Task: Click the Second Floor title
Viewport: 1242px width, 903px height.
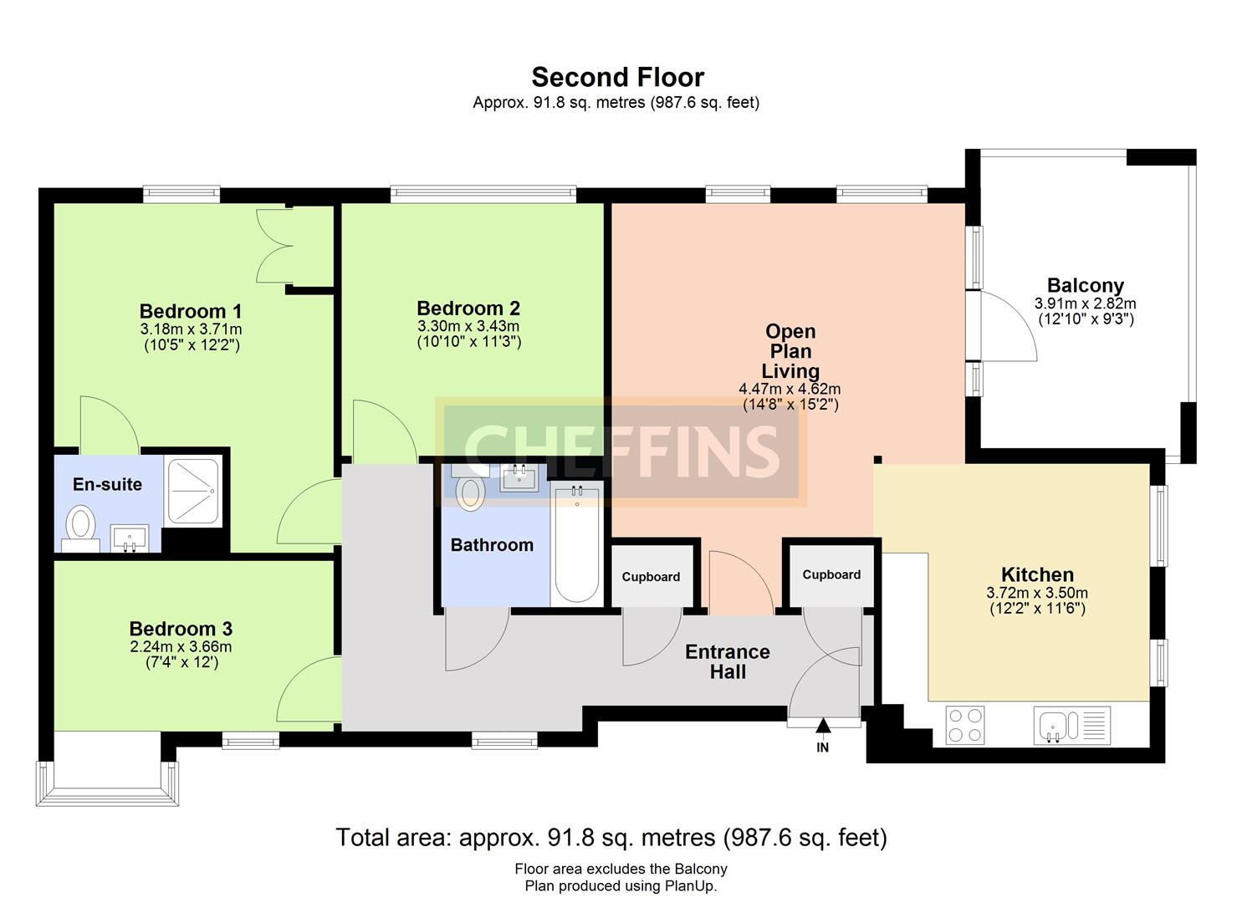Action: click(x=618, y=78)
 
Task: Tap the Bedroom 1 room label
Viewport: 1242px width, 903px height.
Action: click(x=191, y=311)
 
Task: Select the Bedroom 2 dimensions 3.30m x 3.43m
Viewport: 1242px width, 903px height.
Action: click(x=468, y=325)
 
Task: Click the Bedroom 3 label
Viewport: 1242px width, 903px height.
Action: click(x=181, y=629)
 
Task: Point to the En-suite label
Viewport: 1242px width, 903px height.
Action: click(x=108, y=484)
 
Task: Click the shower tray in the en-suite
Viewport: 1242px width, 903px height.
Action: click(x=193, y=491)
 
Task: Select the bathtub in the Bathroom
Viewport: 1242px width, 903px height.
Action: click(x=576, y=542)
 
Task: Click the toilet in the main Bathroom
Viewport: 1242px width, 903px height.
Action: click(x=470, y=487)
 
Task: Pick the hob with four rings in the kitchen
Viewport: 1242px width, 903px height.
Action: click(x=966, y=725)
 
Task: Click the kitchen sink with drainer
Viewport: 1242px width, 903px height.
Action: click(x=1071, y=725)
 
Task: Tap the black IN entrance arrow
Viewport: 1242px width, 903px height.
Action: click(x=823, y=725)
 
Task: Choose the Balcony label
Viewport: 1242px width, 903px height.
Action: click(x=1085, y=285)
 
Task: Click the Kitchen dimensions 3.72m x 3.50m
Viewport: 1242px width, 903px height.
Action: click(x=1037, y=593)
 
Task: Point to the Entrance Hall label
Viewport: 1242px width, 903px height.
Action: click(x=728, y=661)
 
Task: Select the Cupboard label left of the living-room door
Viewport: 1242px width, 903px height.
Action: click(x=651, y=577)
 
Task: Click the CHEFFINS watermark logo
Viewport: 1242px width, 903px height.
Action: click(x=621, y=451)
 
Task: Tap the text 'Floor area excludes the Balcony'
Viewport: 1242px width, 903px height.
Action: click(x=621, y=869)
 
